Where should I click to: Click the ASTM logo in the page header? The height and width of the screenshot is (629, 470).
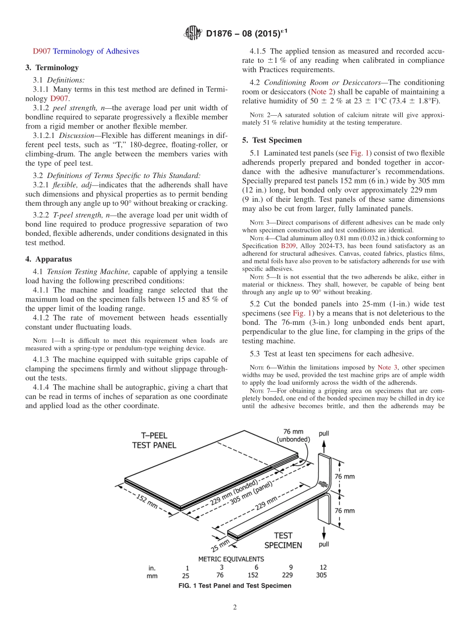click(193, 33)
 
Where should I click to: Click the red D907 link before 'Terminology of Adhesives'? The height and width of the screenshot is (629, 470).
click(42, 51)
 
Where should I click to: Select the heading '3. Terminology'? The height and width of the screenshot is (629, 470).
click(52, 68)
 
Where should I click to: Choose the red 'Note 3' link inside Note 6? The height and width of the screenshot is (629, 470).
click(387, 367)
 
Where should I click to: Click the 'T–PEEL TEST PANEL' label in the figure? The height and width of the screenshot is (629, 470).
click(154, 440)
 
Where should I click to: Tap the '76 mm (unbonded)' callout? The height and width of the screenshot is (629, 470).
click(293, 435)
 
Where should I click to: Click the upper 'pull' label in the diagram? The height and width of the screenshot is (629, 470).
click(324, 434)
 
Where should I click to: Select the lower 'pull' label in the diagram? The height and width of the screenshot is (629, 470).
click(324, 544)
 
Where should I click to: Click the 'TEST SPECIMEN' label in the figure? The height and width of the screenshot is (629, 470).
click(282, 540)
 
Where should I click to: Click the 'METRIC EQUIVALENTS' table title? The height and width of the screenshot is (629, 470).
click(231, 559)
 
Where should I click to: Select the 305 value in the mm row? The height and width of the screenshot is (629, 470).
click(321, 575)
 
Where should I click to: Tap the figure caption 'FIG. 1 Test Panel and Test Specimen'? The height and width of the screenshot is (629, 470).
click(235, 586)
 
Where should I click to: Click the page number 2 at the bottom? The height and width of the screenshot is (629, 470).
click(235, 608)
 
